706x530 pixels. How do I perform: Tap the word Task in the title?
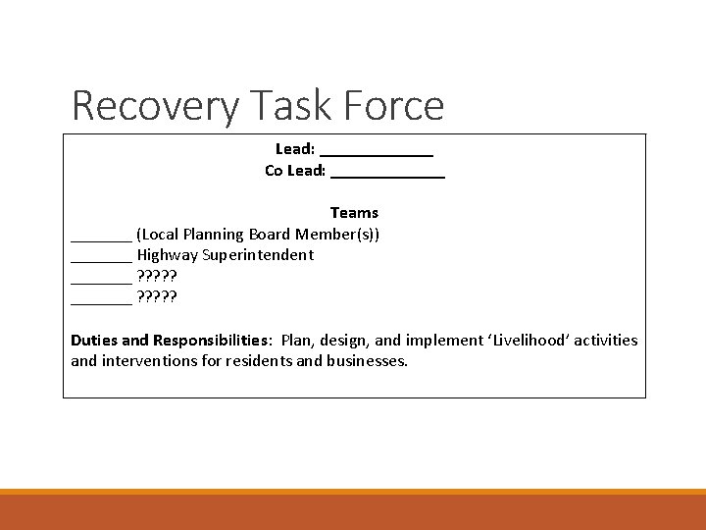(286, 106)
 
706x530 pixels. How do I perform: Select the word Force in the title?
(393, 106)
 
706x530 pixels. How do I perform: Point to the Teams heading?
(354, 213)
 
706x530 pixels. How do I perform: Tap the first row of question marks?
(159, 277)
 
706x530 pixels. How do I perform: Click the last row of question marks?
(159, 297)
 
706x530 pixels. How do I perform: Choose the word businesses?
(365, 361)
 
